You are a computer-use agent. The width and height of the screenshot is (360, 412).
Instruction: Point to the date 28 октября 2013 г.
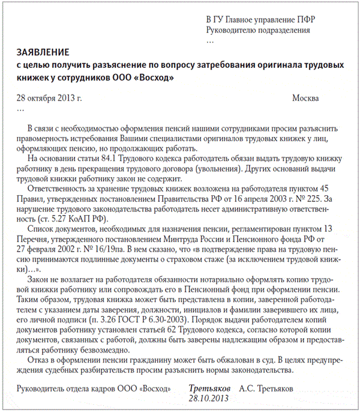49,98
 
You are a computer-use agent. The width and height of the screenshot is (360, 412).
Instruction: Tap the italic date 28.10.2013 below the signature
209,398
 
